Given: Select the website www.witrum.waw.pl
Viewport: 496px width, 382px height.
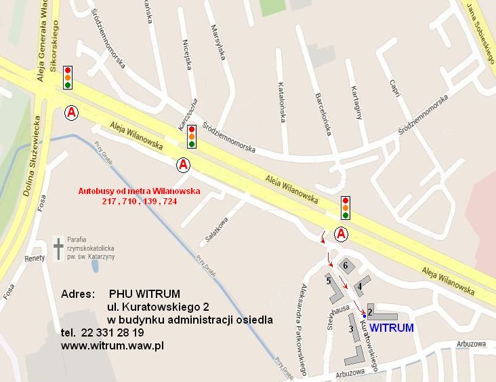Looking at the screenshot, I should [x=113, y=345].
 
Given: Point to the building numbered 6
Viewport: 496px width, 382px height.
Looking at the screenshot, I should [x=346, y=265].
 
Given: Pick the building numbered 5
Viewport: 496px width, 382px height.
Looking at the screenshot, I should [x=329, y=280].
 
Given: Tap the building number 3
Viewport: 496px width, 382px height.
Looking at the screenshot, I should [x=351, y=329].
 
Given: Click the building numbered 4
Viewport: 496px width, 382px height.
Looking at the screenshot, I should [x=360, y=286].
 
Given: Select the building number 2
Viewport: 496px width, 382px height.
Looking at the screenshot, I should [x=371, y=311].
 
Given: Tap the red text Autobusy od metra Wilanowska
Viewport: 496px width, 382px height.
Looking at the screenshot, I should [x=139, y=192].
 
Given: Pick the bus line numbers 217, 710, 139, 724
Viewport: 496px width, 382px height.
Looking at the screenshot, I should [x=139, y=202].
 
